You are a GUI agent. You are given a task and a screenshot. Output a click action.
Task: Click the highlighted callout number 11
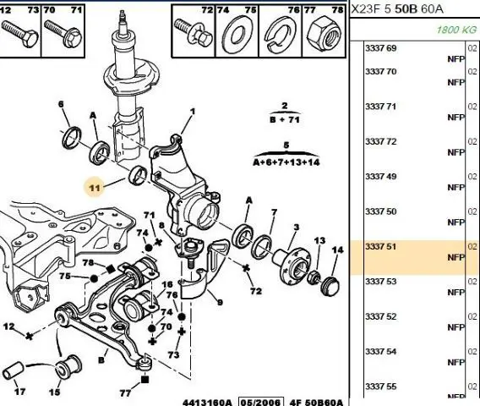[95, 187]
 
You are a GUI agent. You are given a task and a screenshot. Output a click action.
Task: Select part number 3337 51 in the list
[380, 247]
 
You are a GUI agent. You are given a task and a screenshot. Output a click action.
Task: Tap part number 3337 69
[380, 48]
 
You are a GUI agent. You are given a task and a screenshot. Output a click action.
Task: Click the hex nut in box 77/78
[325, 34]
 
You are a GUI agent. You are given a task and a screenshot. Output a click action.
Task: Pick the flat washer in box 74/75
[237, 34]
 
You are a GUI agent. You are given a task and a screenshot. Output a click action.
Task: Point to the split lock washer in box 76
[279, 34]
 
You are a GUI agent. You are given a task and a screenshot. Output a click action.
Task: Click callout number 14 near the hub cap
[337, 250]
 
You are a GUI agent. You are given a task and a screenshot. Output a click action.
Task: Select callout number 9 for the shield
[220, 303]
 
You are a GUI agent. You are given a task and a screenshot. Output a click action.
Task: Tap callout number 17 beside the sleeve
[20, 392]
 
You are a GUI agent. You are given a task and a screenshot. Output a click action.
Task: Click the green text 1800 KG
[456, 30]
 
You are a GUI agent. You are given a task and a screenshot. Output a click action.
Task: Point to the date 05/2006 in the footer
[261, 402]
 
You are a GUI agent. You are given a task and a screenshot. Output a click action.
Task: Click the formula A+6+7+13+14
[286, 162]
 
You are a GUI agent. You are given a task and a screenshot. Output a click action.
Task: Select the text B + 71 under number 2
[285, 119]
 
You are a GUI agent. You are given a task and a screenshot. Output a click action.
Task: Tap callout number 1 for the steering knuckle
[193, 112]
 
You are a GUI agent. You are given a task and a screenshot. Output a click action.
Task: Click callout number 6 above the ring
[61, 104]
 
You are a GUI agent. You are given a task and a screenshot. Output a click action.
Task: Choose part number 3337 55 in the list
[380, 387]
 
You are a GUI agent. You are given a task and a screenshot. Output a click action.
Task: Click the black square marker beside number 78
[110, 269]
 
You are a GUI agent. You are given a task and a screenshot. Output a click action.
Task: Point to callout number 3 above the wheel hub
[297, 227]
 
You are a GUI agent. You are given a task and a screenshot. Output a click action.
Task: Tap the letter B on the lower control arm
[101, 359]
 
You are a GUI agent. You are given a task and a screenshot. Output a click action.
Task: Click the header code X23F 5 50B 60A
[397, 9]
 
